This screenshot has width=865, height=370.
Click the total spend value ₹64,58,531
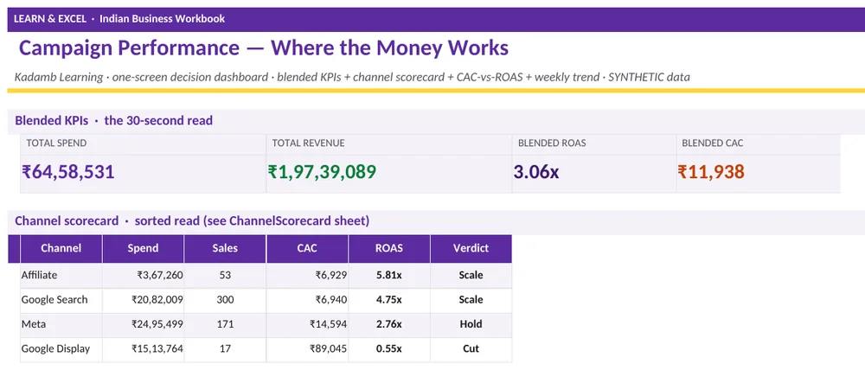pyautogui.click(x=67, y=172)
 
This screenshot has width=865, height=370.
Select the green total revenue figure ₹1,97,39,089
pyautogui.click(x=322, y=172)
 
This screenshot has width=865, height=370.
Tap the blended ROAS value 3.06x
pyautogui.click(x=536, y=172)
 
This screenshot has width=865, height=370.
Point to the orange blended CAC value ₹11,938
pyautogui.click(x=711, y=172)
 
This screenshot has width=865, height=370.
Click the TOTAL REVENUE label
pyautogui.click(x=309, y=144)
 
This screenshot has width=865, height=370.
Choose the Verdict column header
pyautogui.click(x=471, y=248)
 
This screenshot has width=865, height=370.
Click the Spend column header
pyautogui.click(x=143, y=249)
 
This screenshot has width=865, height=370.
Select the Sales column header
pyautogui.click(x=225, y=248)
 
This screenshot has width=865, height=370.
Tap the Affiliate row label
pyautogui.click(x=39, y=275)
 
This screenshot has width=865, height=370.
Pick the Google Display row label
pyautogui.click(x=55, y=348)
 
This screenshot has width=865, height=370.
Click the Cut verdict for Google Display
pyautogui.click(x=471, y=348)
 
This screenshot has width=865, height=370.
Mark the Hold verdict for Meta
pyautogui.click(x=471, y=324)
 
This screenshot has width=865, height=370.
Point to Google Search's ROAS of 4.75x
pyautogui.click(x=389, y=300)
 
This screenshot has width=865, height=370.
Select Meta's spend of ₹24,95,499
pyautogui.click(x=157, y=324)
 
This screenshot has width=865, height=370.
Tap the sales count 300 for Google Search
pyautogui.click(x=225, y=300)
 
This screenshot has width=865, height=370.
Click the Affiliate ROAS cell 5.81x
pyautogui.click(x=389, y=275)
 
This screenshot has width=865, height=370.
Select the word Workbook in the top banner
pyautogui.click(x=200, y=19)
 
